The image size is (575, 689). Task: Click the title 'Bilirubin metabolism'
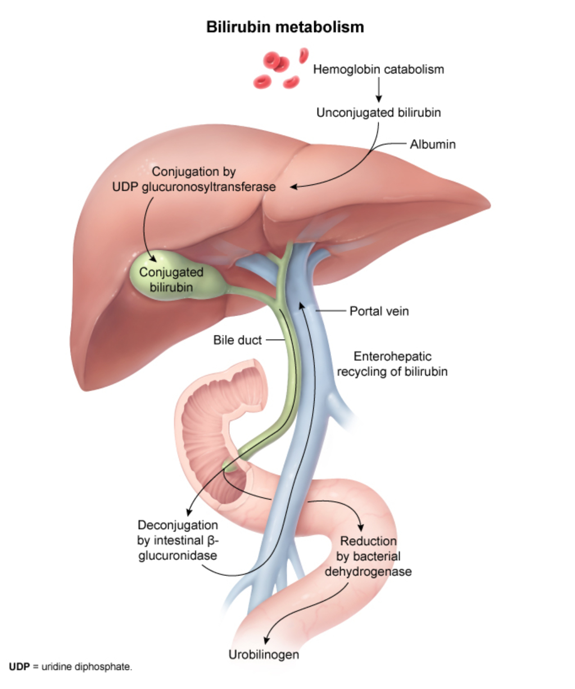(x=285, y=27)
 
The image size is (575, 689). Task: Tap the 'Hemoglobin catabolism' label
(x=378, y=70)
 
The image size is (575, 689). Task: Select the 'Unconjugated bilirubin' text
(x=378, y=112)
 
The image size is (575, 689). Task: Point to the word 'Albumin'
(x=432, y=145)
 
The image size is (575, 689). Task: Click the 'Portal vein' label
(x=379, y=311)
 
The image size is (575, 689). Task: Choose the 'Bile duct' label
(x=237, y=340)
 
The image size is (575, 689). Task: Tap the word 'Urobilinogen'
(x=264, y=655)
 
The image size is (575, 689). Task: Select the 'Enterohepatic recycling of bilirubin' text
(x=392, y=364)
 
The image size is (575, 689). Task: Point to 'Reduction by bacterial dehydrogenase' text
(x=368, y=556)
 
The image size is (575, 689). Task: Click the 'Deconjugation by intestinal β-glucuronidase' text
(x=178, y=541)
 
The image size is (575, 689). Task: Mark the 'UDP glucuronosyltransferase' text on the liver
(x=194, y=187)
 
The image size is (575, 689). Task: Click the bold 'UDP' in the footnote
(x=19, y=668)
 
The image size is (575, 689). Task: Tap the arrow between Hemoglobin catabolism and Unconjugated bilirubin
(x=378, y=91)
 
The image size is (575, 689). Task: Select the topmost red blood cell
(x=304, y=54)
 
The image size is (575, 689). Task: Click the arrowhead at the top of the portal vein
(x=302, y=305)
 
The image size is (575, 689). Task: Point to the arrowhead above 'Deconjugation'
(x=188, y=512)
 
